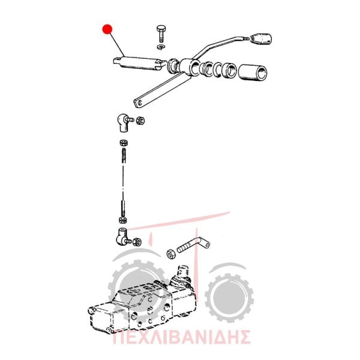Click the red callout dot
click(107, 29)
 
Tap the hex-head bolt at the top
click(161, 33)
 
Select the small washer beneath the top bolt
click(161, 47)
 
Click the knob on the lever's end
click(262, 38)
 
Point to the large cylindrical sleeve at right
click(253, 73)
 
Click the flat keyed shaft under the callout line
click(140, 62)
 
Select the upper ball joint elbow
click(124, 122)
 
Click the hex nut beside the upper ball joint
click(140, 121)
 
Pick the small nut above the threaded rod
click(124, 143)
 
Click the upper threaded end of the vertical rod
click(124, 155)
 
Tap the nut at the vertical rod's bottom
click(123, 220)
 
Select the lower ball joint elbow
click(123, 236)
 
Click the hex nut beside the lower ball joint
click(137, 242)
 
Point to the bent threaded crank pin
click(193, 245)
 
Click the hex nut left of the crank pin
click(171, 254)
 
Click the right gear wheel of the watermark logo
click(229, 298)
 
